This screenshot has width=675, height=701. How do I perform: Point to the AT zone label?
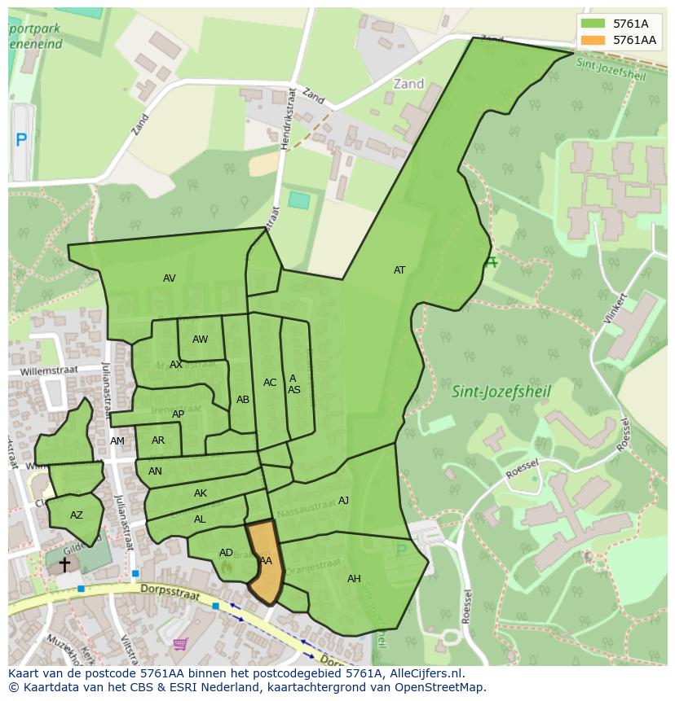[x=399, y=270]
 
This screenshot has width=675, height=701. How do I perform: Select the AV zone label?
[x=170, y=278]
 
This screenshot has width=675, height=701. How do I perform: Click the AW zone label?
[x=200, y=340]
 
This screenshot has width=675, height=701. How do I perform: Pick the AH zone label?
[x=354, y=579]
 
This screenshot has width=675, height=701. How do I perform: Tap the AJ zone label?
[x=343, y=501]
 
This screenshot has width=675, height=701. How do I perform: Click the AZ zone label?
[x=77, y=515]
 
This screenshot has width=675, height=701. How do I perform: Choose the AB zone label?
[x=243, y=400]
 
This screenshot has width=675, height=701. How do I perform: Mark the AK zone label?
[x=201, y=493]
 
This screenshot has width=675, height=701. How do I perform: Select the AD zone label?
[x=226, y=553]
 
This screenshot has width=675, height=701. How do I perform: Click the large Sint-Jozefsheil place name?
[x=501, y=392]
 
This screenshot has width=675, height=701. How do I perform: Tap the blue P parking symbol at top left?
[x=21, y=140]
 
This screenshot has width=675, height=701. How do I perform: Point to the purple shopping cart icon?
[x=180, y=644]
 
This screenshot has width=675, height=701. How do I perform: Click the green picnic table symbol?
[x=491, y=262]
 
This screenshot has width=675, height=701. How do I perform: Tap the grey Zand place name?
[x=408, y=84]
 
